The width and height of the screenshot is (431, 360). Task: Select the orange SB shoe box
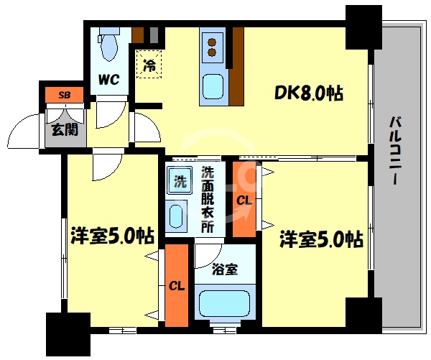(x=63, y=94)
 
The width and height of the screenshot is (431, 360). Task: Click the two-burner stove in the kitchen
(x=213, y=45)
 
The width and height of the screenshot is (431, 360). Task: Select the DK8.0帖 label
(x=307, y=92)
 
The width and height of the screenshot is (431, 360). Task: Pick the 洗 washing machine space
(x=180, y=180)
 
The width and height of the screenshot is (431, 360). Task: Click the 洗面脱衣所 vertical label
(x=207, y=199)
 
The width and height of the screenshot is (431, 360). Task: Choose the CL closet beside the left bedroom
(x=177, y=285)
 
